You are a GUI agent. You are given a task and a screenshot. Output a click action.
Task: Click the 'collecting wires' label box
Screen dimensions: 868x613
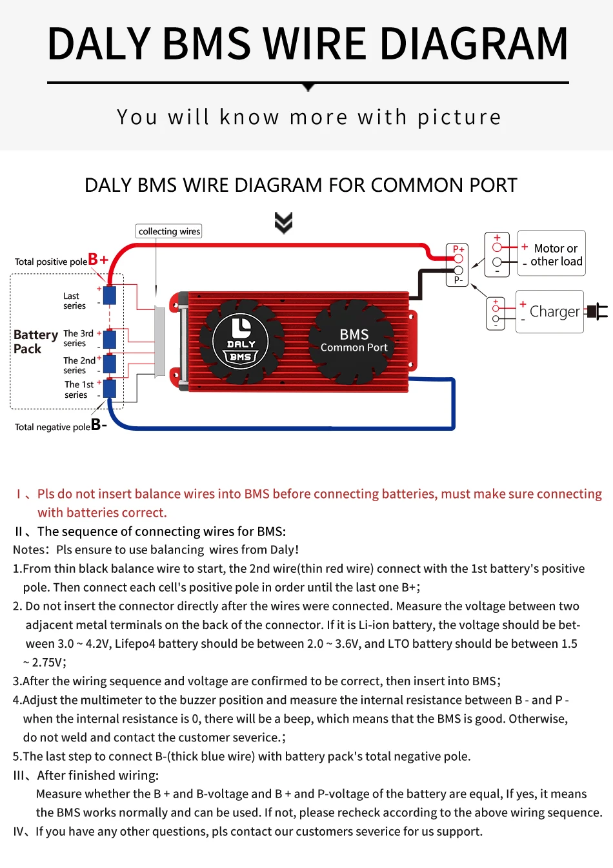tap(169, 231)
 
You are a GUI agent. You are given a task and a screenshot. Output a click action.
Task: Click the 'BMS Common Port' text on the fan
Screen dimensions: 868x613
tap(354, 340)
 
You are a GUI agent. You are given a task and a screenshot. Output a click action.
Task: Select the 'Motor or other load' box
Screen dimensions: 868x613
tap(552, 254)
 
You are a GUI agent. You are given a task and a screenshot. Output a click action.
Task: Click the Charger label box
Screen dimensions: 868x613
tap(550, 312)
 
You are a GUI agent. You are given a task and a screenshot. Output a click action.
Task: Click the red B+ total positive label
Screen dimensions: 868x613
tap(98, 260)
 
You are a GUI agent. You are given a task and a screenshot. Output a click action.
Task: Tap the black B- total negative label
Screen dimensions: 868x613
tap(99, 424)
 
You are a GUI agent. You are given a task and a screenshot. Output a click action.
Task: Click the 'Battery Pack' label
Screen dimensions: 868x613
tap(35, 342)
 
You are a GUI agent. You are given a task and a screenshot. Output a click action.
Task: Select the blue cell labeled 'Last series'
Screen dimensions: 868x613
tap(110, 295)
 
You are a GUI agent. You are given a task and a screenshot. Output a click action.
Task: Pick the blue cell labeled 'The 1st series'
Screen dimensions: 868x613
tap(110, 389)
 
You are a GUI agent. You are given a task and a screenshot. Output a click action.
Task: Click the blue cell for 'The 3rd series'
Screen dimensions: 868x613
tap(110, 338)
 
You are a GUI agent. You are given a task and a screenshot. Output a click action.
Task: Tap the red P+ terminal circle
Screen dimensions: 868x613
tap(458, 259)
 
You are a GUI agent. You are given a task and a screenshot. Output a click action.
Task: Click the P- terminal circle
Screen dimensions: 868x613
tap(458, 271)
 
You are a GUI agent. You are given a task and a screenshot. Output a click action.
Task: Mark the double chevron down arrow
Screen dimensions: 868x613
tap(283, 222)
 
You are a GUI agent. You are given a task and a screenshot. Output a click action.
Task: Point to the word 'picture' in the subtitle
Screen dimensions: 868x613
tap(459, 118)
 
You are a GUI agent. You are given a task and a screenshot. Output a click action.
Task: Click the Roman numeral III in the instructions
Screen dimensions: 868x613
tap(21, 776)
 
